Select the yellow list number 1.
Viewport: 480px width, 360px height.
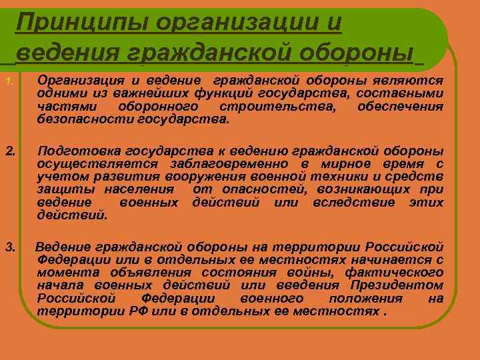coord(8,82)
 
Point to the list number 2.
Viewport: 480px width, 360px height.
coord(9,150)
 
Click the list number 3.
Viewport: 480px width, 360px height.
coord(9,247)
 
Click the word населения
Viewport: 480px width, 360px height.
coord(145,189)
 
